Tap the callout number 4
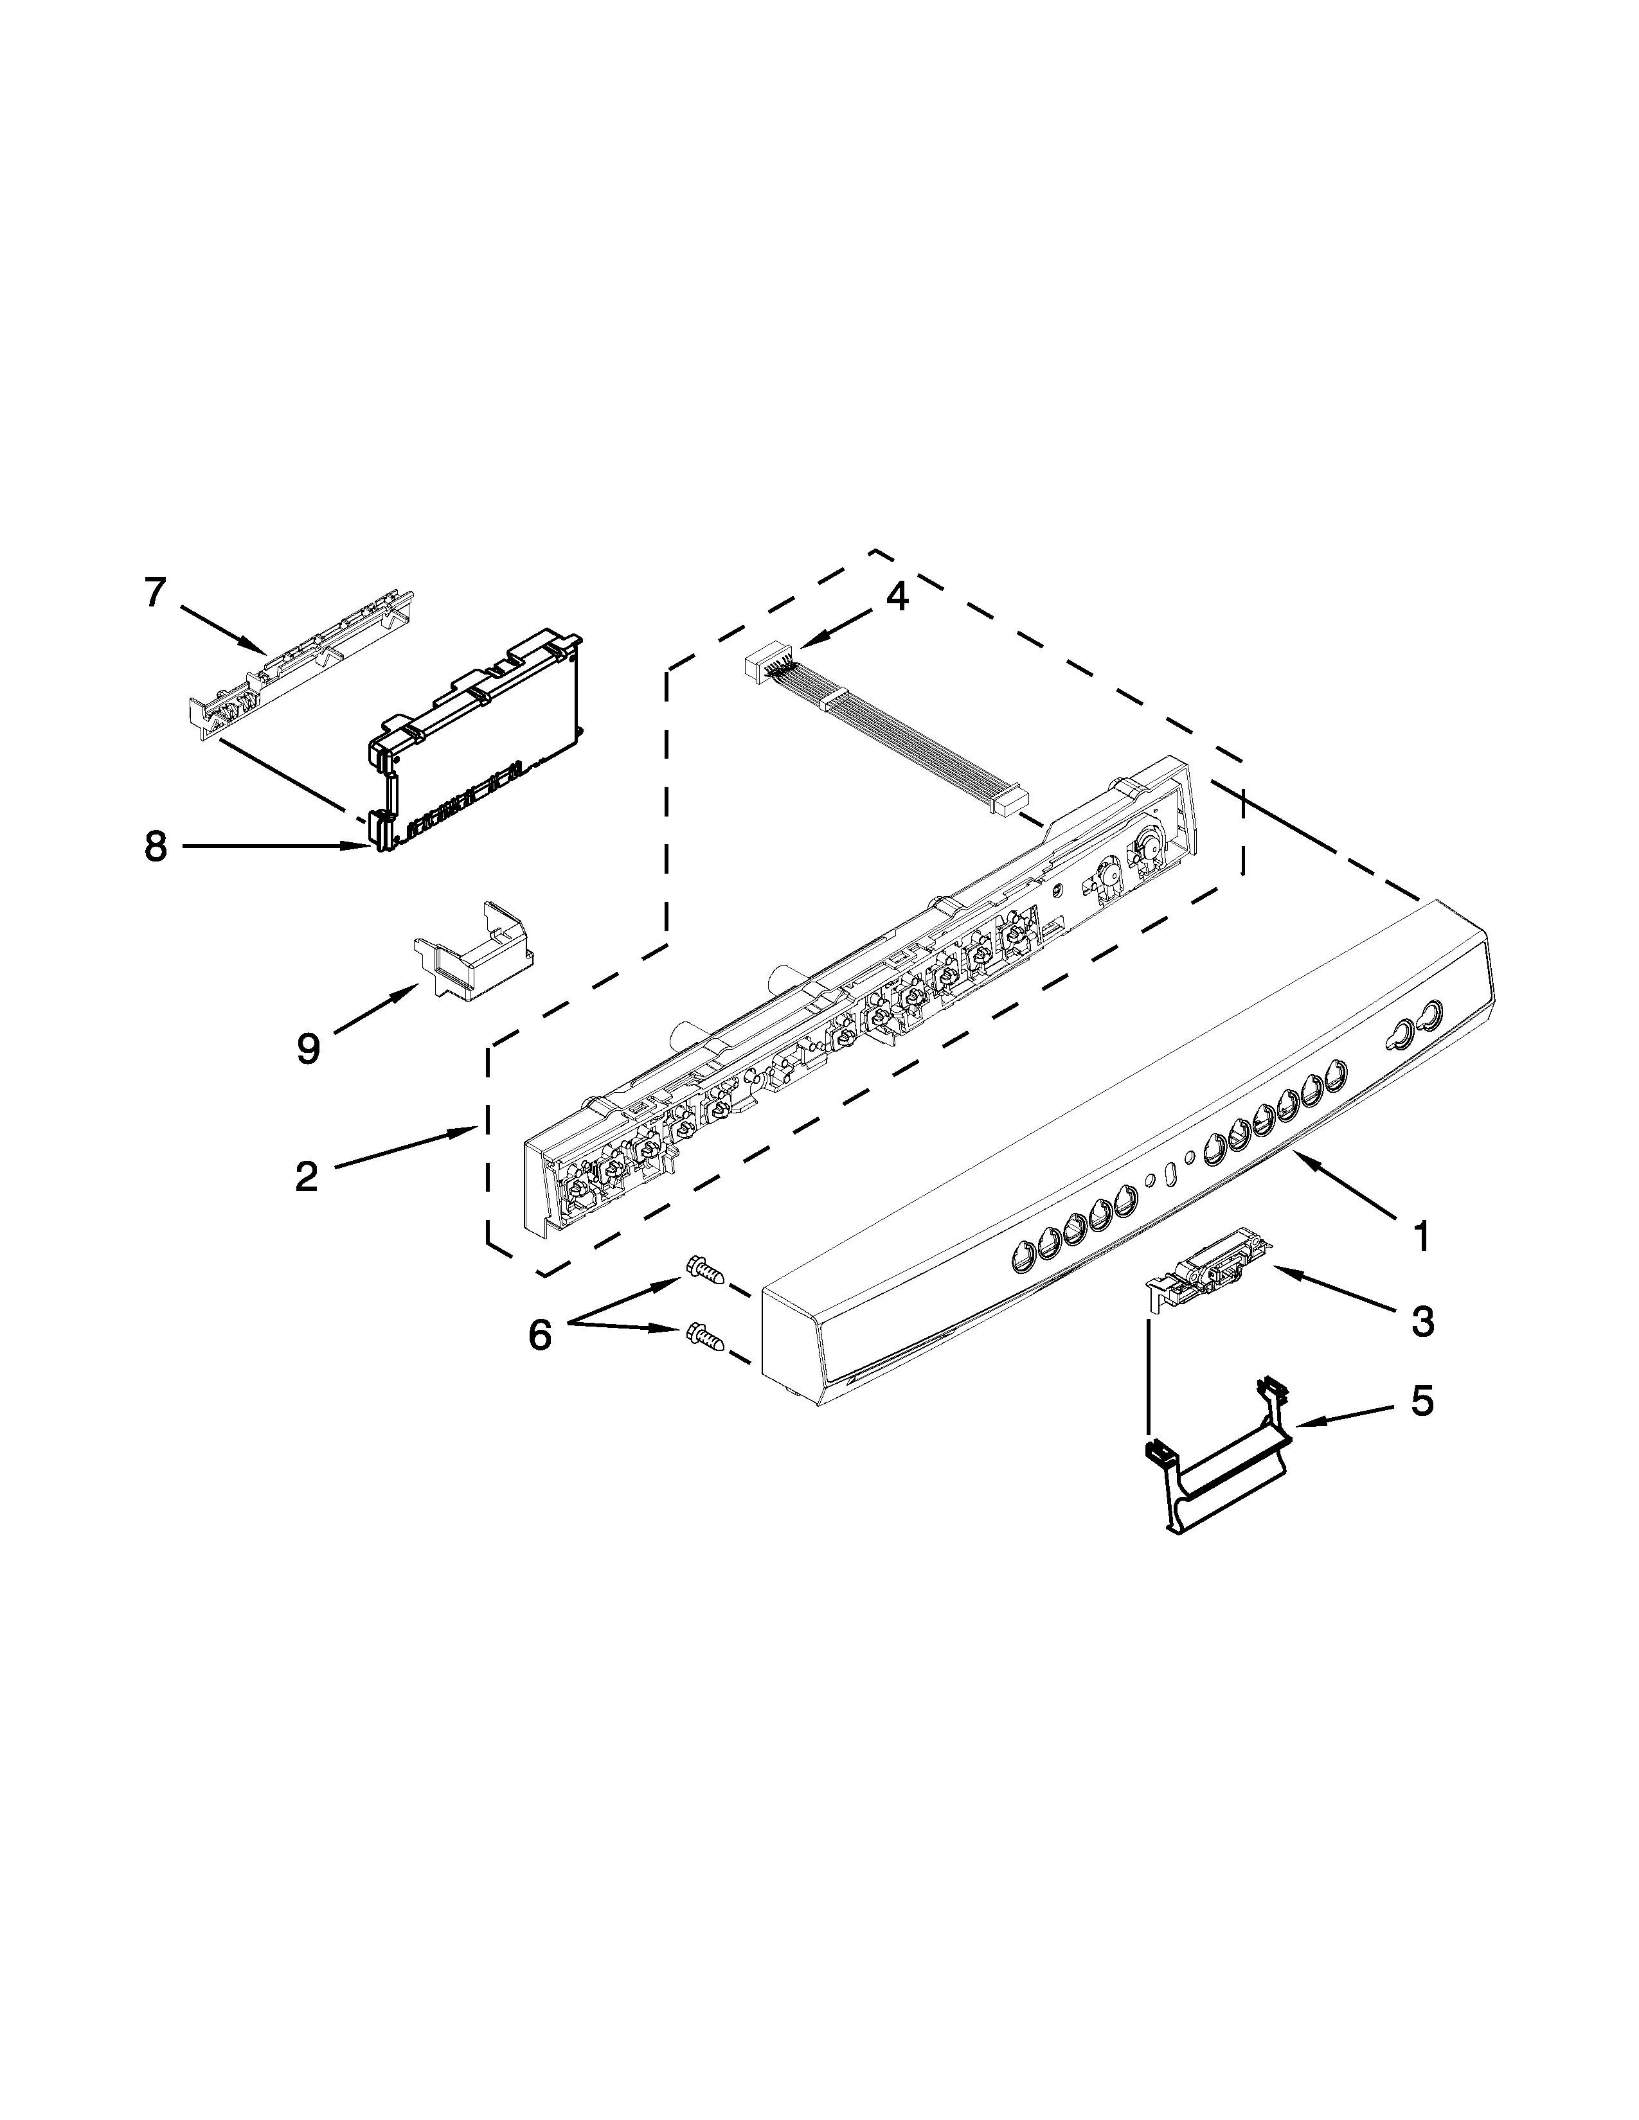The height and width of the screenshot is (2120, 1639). (x=897, y=597)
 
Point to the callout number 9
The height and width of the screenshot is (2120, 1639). (x=308, y=1048)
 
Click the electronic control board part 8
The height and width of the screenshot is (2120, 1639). (x=476, y=747)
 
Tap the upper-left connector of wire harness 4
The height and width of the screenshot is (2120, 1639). (x=763, y=668)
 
